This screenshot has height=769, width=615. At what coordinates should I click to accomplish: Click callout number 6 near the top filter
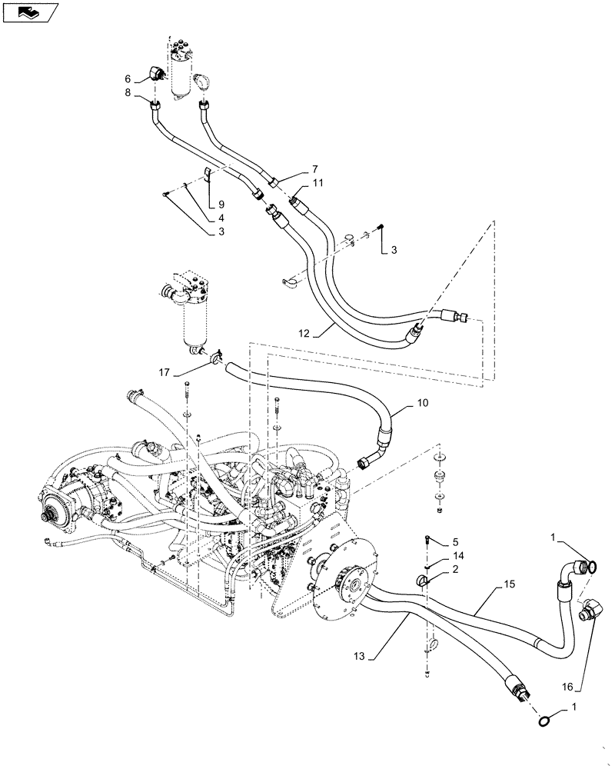click(x=128, y=78)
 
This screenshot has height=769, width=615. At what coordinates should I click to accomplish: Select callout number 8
click(x=128, y=95)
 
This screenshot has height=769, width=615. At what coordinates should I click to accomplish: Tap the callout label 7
click(x=293, y=168)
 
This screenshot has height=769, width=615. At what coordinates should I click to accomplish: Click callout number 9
click(x=221, y=204)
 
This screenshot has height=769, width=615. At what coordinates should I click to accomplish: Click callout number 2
click(x=455, y=569)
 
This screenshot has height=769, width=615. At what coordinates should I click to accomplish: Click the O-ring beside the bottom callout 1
click(x=544, y=721)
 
